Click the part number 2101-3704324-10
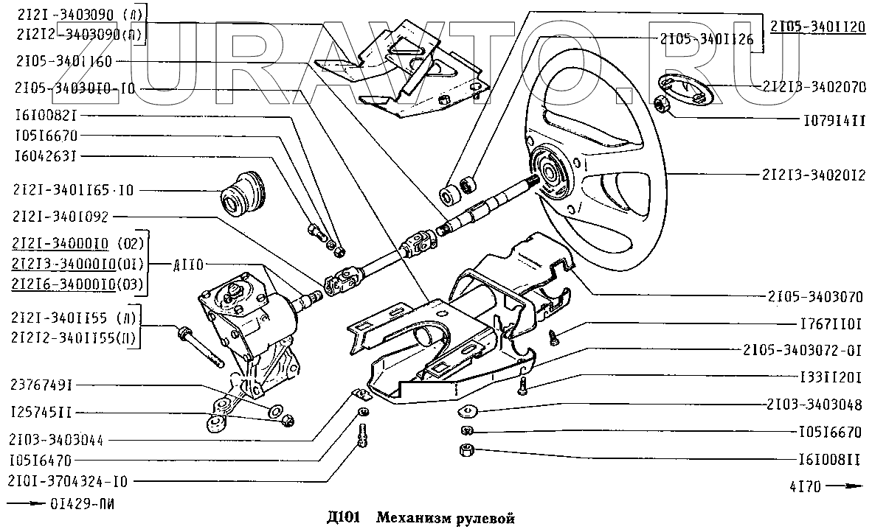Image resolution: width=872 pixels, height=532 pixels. tap(69, 482)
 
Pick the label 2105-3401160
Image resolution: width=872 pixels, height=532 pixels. tap(63, 63)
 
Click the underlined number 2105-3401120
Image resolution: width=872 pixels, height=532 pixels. tap(817, 27)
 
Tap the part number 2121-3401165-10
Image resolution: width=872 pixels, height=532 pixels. tap(74, 190)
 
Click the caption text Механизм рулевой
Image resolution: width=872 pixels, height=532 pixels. tap(442, 518)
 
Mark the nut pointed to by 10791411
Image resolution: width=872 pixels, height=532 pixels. tap(662, 106)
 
